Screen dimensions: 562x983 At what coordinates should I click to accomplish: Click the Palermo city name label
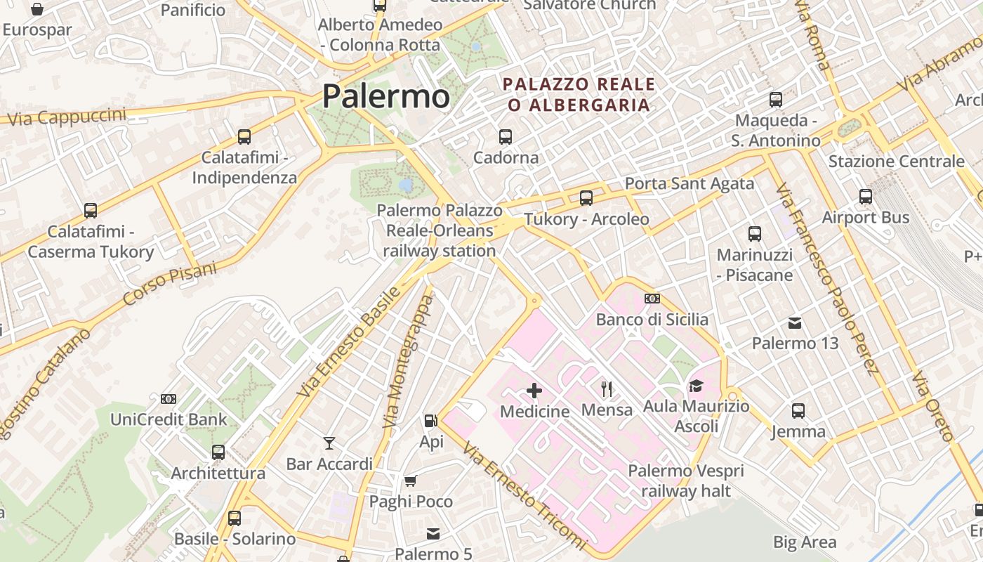coord(385,96)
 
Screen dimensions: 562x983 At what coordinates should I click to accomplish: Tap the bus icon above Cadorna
coord(506,137)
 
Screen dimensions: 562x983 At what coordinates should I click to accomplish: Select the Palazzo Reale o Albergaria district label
coord(579,95)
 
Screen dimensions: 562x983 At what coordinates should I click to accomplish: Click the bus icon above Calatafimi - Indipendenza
coord(244,137)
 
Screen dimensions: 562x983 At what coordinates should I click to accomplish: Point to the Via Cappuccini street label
coord(66,117)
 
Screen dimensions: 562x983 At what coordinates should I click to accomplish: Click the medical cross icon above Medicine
coord(534,391)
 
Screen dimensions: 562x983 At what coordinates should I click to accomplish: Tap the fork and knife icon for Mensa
coord(607,388)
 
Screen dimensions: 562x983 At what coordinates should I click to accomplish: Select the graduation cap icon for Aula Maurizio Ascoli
coord(696,386)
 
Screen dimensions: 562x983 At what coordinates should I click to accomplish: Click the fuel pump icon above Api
coord(430,421)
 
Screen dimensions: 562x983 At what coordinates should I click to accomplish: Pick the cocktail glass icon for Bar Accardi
coord(329,443)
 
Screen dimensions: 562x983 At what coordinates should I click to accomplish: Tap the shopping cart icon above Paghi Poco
coord(411,481)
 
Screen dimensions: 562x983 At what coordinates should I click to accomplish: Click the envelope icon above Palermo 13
coord(795,323)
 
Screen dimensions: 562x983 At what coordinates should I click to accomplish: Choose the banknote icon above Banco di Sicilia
coord(652,299)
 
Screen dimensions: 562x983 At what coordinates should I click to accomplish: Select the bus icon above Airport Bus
coord(866,197)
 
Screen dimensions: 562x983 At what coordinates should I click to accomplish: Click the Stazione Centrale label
coord(896,162)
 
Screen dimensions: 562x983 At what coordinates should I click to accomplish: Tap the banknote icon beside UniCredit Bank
coord(169,399)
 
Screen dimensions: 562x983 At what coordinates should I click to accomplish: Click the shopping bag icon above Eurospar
coord(37,9)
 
